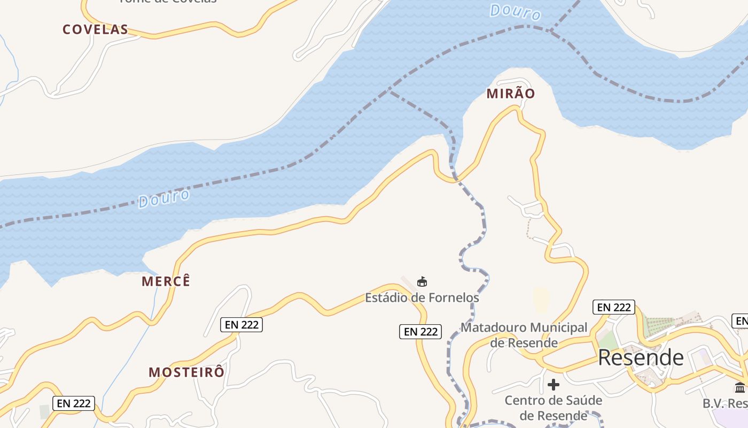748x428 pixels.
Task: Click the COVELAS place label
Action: pos(95,29)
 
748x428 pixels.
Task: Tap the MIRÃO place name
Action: pos(510,94)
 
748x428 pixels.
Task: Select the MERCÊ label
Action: pos(166,281)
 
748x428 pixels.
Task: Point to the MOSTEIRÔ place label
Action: pos(186,372)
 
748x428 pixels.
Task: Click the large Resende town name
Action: pos(641,357)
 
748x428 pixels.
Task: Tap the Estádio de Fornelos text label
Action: pos(422,297)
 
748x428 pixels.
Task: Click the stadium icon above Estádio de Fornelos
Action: pos(422,281)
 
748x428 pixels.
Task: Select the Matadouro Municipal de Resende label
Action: pos(524,334)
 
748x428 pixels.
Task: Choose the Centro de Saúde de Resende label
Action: pos(553,408)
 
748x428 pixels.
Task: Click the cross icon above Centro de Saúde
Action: pos(554,384)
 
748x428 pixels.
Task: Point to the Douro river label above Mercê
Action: pos(164,198)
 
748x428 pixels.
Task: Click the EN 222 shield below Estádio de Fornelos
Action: pos(421,332)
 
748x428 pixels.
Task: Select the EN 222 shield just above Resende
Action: pos(613,307)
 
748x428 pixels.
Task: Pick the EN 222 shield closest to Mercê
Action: pos(241,324)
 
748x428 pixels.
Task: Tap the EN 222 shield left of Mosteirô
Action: pos(74,403)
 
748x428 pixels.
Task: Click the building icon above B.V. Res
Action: pos(740,387)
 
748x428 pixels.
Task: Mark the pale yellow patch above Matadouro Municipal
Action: pos(541,300)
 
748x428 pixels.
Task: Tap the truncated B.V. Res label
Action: pos(725,403)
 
